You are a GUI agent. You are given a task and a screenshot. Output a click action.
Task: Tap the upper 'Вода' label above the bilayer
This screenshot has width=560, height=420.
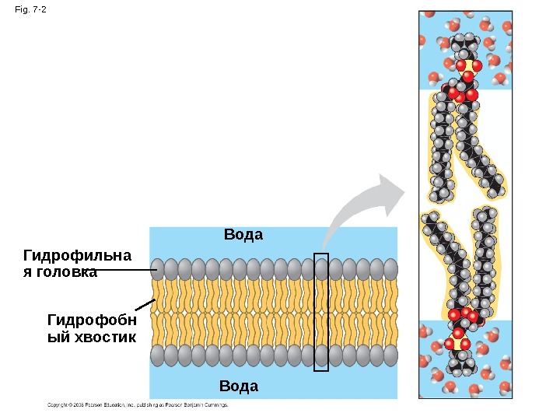[243, 234]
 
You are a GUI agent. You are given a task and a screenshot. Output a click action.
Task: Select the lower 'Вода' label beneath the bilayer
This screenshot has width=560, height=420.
[239, 386]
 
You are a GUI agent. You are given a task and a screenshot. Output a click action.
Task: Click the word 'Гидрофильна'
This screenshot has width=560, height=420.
[78, 256]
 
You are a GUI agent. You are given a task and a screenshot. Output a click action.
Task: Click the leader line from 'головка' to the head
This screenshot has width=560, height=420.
[124, 271]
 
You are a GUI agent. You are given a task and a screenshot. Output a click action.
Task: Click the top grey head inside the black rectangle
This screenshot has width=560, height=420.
[321, 269]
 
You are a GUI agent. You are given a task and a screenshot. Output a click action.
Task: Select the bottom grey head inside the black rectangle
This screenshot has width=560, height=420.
[321, 355]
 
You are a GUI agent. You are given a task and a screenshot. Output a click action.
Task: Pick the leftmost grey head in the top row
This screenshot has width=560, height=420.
[158, 269]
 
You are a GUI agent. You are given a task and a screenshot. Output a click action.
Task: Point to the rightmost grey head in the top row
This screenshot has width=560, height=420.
[390, 269]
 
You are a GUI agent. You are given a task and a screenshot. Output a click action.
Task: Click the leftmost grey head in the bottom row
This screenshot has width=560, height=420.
[158, 355]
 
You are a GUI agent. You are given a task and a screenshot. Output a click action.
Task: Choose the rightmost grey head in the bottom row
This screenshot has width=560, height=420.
[390, 355]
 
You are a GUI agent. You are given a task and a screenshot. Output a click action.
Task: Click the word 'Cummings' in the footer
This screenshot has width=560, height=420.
[215, 405]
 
